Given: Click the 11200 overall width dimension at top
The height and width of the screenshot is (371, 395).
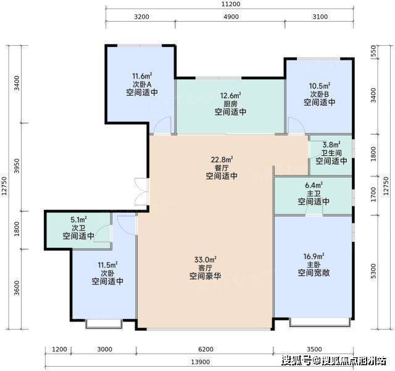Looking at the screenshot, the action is [231, 4].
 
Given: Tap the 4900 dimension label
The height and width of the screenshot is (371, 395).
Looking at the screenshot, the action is [231, 17].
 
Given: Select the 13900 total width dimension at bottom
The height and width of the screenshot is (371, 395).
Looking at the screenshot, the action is [200, 362].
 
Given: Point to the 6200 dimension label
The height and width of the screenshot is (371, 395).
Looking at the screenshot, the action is [206, 349].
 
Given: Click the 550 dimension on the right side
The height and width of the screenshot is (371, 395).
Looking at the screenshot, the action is [373, 51].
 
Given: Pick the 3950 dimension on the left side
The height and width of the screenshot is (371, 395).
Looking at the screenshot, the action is [17, 166].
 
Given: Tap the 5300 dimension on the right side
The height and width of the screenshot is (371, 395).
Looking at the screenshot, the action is [373, 271].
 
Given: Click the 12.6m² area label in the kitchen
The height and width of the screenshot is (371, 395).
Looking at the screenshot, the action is [230, 95].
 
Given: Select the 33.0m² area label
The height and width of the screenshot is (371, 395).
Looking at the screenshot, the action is [206, 260].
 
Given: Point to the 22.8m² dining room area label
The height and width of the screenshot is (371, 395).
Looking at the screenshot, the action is [222, 160].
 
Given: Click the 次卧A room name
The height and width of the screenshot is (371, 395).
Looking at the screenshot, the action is [142, 84].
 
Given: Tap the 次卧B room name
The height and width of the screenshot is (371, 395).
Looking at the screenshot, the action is [320, 94].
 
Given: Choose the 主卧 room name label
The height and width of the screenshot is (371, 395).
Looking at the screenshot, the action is [314, 265].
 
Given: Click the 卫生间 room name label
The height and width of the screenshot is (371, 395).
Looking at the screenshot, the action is [331, 153].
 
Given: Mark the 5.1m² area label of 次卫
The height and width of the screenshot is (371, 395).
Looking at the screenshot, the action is [78, 220].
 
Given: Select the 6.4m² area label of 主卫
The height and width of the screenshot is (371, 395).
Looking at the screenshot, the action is [314, 185].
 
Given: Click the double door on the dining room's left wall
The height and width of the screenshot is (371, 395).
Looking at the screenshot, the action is [141, 192].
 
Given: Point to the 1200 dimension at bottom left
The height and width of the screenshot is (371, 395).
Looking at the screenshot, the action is [59, 349].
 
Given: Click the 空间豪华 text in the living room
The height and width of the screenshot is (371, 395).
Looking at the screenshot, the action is [206, 276].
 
